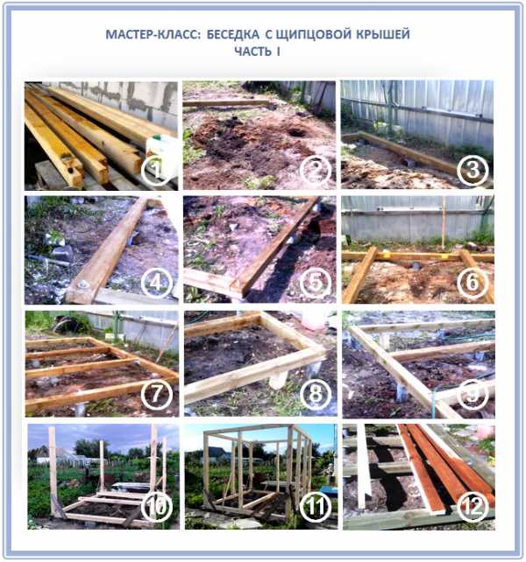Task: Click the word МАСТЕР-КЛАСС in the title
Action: point(154,35)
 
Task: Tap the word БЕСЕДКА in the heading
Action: point(233,35)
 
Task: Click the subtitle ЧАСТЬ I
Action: point(257,52)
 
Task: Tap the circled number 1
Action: point(156,170)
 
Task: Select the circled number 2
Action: point(315,170)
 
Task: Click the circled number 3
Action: point(473,170)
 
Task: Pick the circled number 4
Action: point(156,283)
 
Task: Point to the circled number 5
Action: point(315,283)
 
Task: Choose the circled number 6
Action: point(473,283)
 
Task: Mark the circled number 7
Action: point(156,394)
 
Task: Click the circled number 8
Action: point(315,394)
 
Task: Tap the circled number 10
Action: point(157,507)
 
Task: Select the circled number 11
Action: point(315,507)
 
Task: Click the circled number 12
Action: point(473,507)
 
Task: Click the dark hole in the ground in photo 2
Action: point(297,132)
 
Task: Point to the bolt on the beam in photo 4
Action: point(83,285)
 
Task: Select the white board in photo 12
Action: point(364,466)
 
